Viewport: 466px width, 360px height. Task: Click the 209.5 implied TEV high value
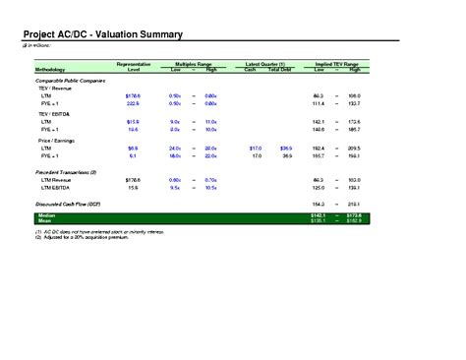(354, 148)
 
